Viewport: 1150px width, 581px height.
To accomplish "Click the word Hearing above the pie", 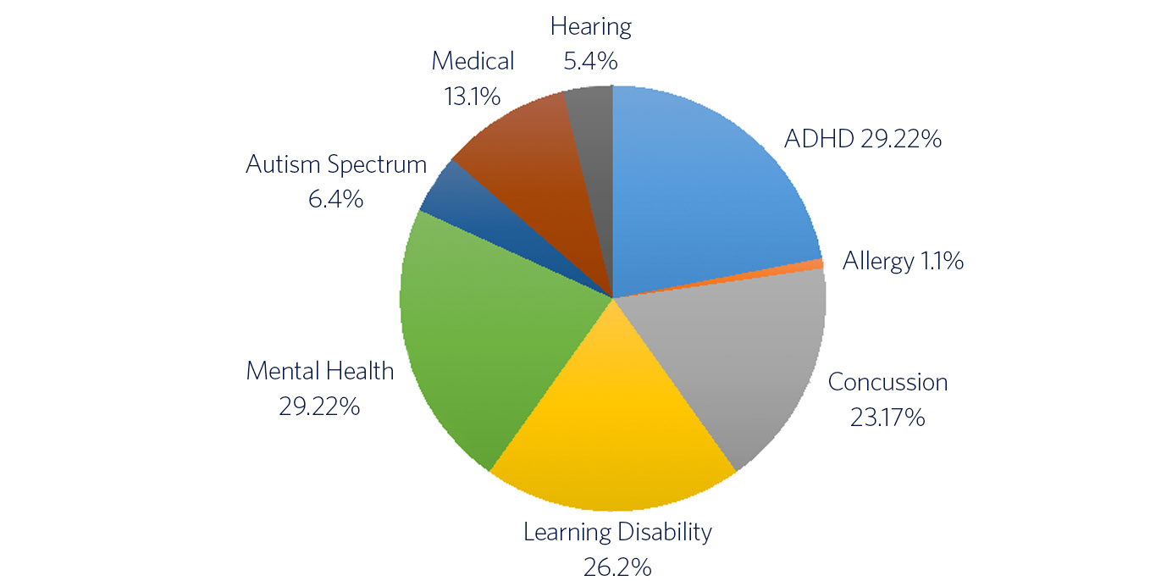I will click(x=591, y=26).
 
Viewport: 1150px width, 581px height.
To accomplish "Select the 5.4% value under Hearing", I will click(x=591, y=60).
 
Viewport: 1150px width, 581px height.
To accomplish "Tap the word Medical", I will click(x=473, y=61).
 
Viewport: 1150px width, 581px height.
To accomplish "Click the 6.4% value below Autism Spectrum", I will click(x=336, y=199).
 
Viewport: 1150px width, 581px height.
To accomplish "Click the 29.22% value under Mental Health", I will click(x=320, y=406).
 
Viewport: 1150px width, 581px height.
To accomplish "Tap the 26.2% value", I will click(x=617, y=566).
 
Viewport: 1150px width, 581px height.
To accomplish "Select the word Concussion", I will click(x=887, y=382).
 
